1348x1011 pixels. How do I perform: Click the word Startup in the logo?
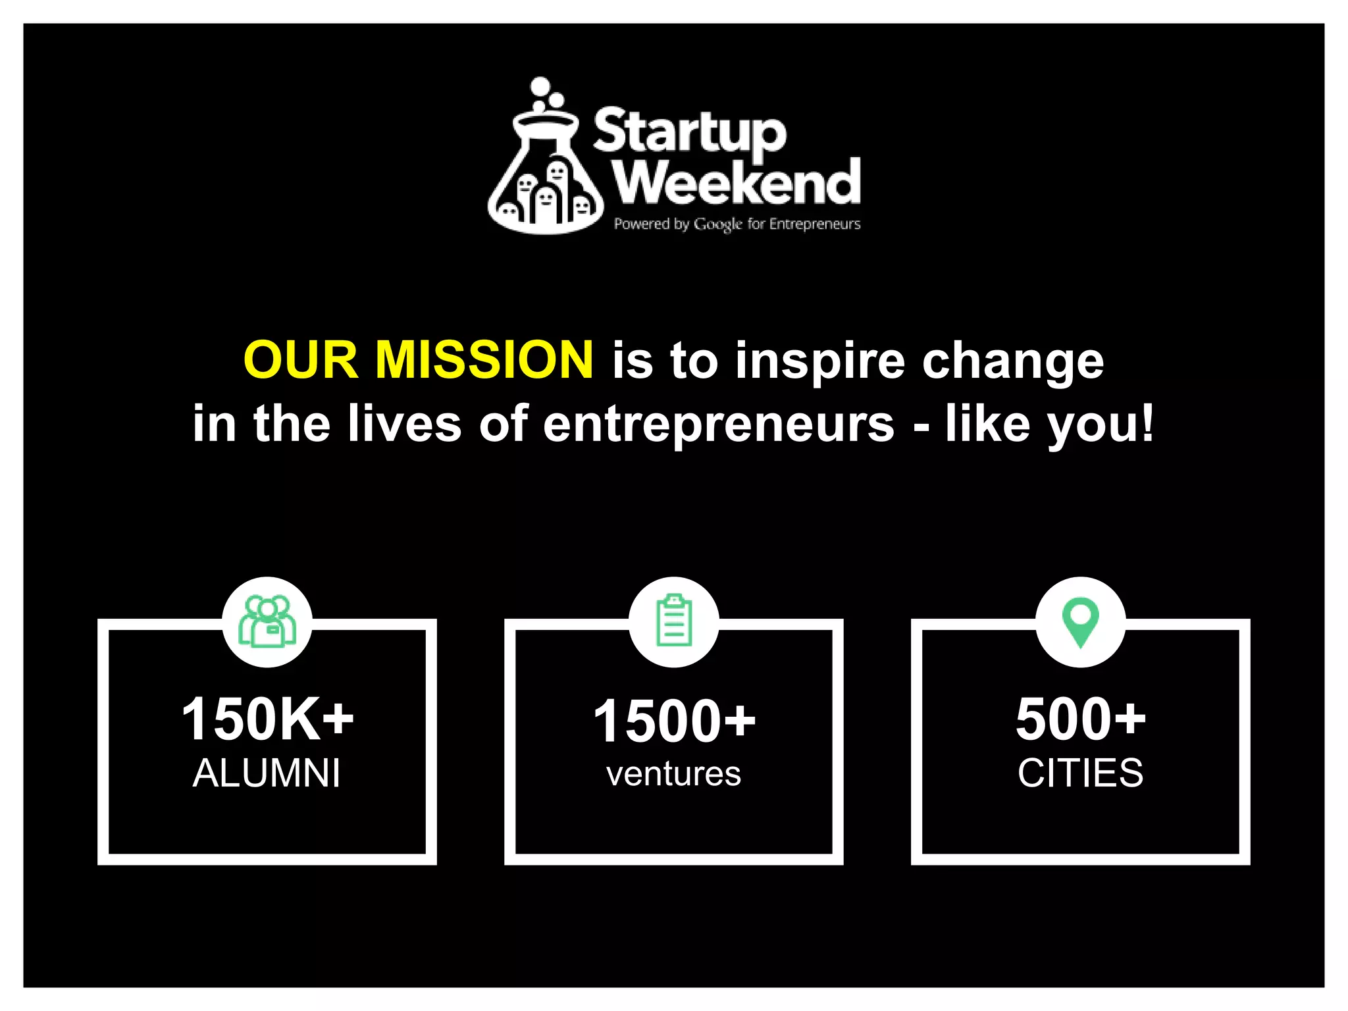coord(689,132)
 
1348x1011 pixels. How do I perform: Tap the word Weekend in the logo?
coord(737,182)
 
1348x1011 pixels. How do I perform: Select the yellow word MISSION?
coord(484,360)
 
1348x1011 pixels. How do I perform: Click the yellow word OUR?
coord(300,360)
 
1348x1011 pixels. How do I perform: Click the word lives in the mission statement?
coord(405,423)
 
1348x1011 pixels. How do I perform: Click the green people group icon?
coord(267,622)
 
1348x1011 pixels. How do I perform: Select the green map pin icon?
coord(1080,621)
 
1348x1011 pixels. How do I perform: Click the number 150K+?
coord(267,719)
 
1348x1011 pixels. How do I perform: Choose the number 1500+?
coord(674,721)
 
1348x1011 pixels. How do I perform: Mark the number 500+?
coord(1081,719)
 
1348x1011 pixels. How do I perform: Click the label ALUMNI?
coord(267,773)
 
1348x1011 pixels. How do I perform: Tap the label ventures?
coord(673,774)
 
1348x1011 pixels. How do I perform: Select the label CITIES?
coord(1080,773)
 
